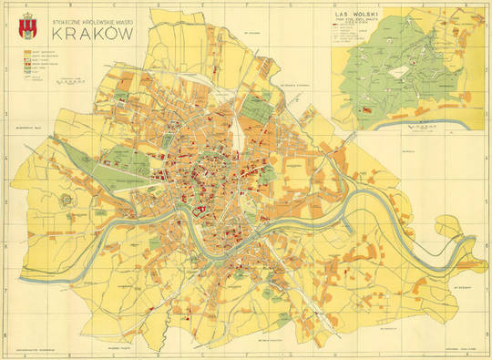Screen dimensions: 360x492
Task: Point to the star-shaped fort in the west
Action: (x=67, y=199)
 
